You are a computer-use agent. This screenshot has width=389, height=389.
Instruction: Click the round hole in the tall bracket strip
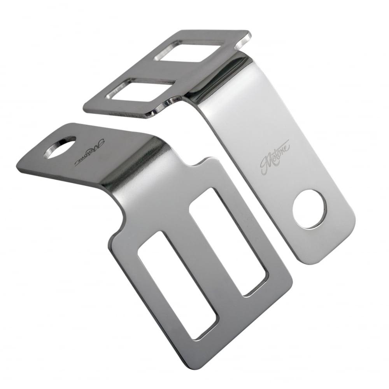coord(310,209)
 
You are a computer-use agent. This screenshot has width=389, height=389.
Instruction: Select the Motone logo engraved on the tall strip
coord(275,156)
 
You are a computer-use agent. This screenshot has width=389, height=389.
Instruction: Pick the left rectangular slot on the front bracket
coord(177,284)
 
